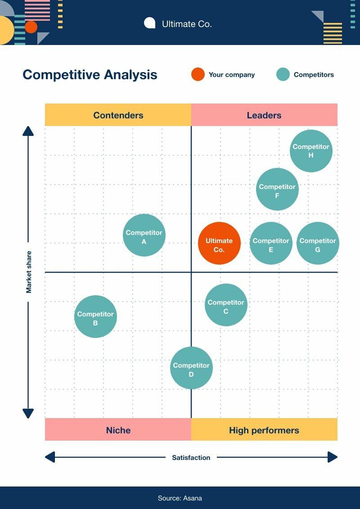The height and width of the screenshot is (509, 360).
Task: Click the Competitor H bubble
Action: pyautogui.click(x=311, y=151)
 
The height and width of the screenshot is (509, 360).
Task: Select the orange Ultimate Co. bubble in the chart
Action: pyautogui.click(x=219, y=243)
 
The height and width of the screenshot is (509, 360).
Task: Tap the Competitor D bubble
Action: pyautogui.click(x=191, y=368)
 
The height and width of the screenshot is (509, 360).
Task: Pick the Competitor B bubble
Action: pyautogui.click(x=95, y=316)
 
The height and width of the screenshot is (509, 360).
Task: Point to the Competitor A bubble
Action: pyautogui.click(x=144, y=235)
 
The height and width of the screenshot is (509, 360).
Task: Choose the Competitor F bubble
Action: pyautogui.click(x=277, y=189)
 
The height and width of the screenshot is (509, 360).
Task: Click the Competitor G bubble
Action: pyautogui.click(x=318, y=243)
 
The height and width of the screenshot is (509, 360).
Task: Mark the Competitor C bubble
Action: pyautogui.click(x=226, y=305)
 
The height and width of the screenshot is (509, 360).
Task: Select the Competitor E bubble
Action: pyautogui.click(x=271, y=243)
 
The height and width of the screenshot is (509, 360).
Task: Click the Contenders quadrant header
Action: pyautogui.click(x=118, y=115)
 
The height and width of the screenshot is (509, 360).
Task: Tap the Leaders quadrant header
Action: pyautogui.click(x=264, y=115)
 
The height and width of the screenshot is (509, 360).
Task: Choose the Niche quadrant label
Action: pyautogui.click(x=118, y=430)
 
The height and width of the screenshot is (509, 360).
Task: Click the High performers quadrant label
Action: pyautogui.click(x=264, y=430)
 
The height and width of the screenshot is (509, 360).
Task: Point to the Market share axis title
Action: pyautogui.click(x=29, y=272)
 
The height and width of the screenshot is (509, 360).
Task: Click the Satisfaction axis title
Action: pyautogui.click(x=191, y=457)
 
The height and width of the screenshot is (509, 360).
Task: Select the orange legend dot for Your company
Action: pyautogui.click(x=198, y=74)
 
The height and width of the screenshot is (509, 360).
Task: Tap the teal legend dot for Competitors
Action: pyautogui.click(x=283, y=74)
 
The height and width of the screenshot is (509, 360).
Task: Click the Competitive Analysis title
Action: pyautogui.click(x=90, y=74)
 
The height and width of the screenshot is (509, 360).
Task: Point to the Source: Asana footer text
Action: pyautogui.click(x=180, y=498)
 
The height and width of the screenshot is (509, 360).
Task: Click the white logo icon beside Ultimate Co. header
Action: pyautogui.click(x=149, y=23)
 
